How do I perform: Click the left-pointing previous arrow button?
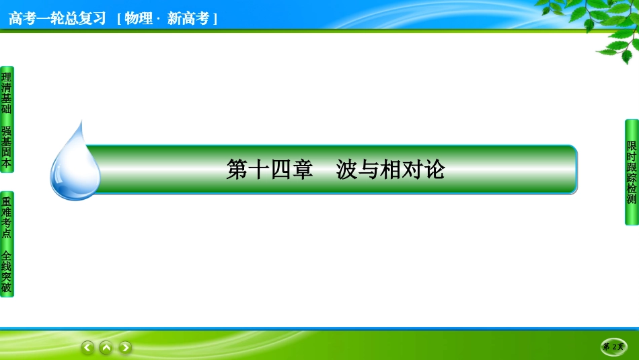[87, 347]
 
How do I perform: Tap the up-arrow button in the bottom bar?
[106, 347]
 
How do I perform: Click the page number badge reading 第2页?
[613, 347]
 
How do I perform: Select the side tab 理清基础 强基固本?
[7, 120]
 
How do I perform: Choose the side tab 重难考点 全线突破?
[7, 244]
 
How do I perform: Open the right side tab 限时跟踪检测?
[632, 172]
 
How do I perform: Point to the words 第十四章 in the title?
[269, 170]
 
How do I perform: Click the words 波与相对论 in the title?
[390, 170]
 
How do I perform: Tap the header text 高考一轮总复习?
[57, 18]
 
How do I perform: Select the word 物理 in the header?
[138, 18]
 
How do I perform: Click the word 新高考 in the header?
[188, 18]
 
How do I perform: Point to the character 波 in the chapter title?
[347, 170]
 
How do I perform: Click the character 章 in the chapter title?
[302, 170]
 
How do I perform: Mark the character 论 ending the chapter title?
[435, 170]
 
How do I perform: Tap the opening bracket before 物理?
[119, 19]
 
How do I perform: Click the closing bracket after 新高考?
[215, 19]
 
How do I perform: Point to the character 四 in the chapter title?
[280, 170]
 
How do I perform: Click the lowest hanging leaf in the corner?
[626, 57]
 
